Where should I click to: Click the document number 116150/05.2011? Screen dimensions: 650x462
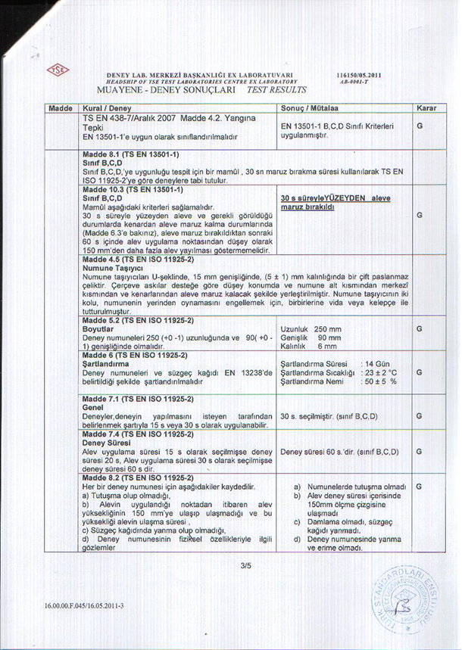pyautogui.click(x=360, y=76)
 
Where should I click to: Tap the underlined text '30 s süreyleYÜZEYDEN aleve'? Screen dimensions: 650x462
pyautogui.click(x=335, y=197)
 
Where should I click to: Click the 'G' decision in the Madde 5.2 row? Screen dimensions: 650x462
pyautogui.click(x=418, y=329)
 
